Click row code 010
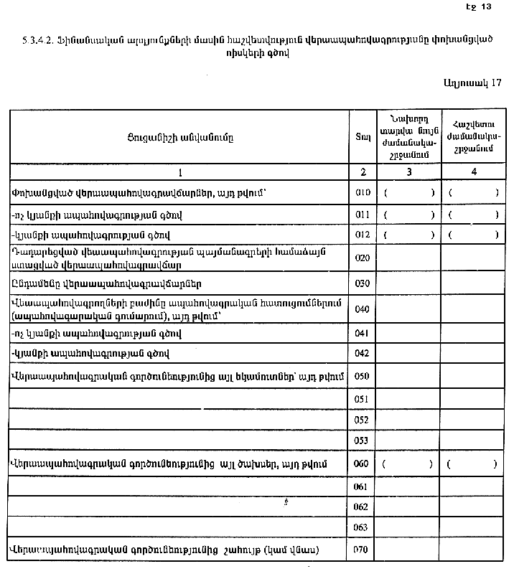click(x=362, y=193)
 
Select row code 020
click(x=362, y=258)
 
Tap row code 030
click(x=362, y=283)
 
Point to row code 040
click(x=362, y=309)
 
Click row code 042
click(x=362, y=353)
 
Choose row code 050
click(x=362, y=376)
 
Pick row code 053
click(x=362, y=440)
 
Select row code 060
click(x=362, y=464)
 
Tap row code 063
click(x=362, y=527)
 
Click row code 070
click(x=362, y=550)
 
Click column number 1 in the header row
click(x=179, y=172)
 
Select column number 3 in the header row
click(x=409, y=172)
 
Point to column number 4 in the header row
click(x=473, y=172)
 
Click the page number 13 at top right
click(x=486, y=6)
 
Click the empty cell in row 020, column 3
click(x=409, y=258)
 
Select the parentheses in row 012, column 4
click(x=473, y=235)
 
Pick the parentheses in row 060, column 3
click(x=409, y=464)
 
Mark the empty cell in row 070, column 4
click(x=473, y=550)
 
